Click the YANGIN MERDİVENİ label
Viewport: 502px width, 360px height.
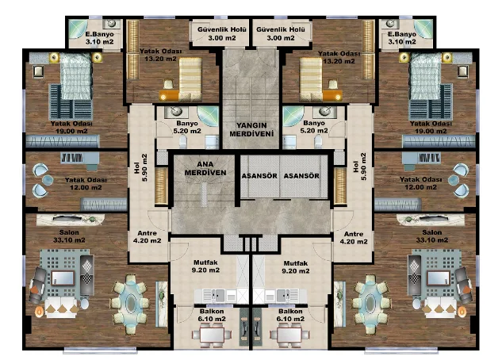[x=251, y=129]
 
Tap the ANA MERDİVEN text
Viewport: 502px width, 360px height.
[x=205, y=168]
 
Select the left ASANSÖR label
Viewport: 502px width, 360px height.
[x=259, y=176]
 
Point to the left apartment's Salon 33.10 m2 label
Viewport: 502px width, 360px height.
[x=69, y=236]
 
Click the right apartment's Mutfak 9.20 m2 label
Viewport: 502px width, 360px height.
[x=296, y=267]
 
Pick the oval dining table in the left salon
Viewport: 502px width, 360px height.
[x=131, y=303]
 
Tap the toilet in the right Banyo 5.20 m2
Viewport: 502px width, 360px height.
[x=318, y=141]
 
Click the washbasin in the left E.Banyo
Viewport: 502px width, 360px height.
[x=111, y=23]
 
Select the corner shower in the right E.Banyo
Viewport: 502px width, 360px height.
[x=423, y=29]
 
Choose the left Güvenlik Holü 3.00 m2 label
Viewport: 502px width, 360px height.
[x=221, y=33]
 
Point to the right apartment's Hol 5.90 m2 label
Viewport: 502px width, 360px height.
[x=359, y=167]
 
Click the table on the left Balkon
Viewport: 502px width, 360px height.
[x=210, y=335]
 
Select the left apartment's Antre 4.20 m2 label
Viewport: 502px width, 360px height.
[x=147, y=237]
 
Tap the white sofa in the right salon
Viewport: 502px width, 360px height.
[x=440, y=307]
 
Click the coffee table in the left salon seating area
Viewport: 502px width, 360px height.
[x=63, y=278]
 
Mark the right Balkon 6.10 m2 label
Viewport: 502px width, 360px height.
[x=290, y=316]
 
